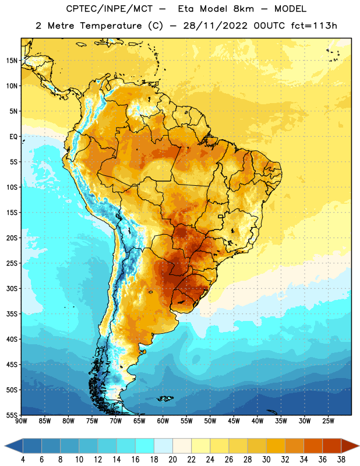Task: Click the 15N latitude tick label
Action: pyautogui.click(x=11, y=61)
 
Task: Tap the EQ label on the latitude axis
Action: pyautogui.click(x=13, y=137)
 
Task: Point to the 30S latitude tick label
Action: pyautogui.click(x=11, y=288)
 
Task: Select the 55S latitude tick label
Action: pyautogui.click(x=11, y=415)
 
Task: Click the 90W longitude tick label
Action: pyautogui.click(x=21, y=421)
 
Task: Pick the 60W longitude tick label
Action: pyautogui.click(x=163, y=421)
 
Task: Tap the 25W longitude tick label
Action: pyautogui.click(x=328, y=421)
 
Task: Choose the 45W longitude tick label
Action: pyautogui.click(x=234, y=421)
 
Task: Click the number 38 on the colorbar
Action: pyautogui.click(x=341, y=460)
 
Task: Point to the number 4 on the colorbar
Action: pyautogui.click(x=23, y=460)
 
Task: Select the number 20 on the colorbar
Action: pyautogui.click(x=172, y=460)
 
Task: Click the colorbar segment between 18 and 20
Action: pyautogui.click(x=163, y=446)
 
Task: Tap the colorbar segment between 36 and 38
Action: pyautogui.click(x=332, y=446)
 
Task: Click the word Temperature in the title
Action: pyautogui.click(x=111, y=26)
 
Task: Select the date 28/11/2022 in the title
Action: pyautogui.click(x=215, y=26)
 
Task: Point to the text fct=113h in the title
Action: pyautogui.click(x=314, y=26)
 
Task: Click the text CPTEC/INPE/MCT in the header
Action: pyautogui.click(x=110, y=9)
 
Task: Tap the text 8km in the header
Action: pyautogui.click(x=243, y=9)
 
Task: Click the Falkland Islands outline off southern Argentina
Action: pyautogui.click(x=165, y=398)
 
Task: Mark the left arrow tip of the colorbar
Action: pyautogui.click(x=5, y=446)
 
